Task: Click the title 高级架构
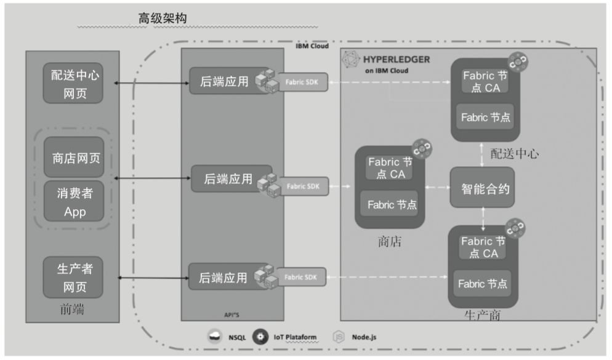(162, 19)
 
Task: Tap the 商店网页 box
(73, 159)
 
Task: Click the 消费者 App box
(73, 202)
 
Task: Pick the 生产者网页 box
(73, 278)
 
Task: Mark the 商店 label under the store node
(389, 241)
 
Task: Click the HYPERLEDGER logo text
(396, 60)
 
